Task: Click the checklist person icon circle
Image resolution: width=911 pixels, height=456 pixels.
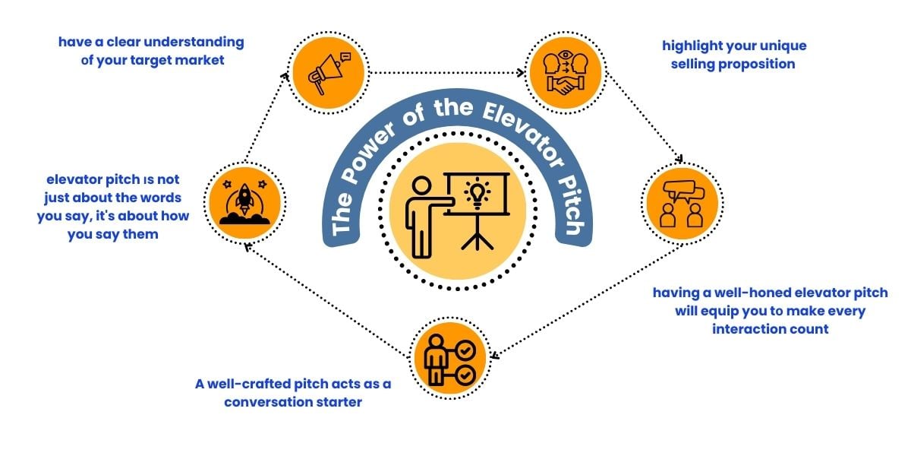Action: click(x=450, y=358)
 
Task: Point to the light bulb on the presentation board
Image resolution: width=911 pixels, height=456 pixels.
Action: click(x=477, y=195)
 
